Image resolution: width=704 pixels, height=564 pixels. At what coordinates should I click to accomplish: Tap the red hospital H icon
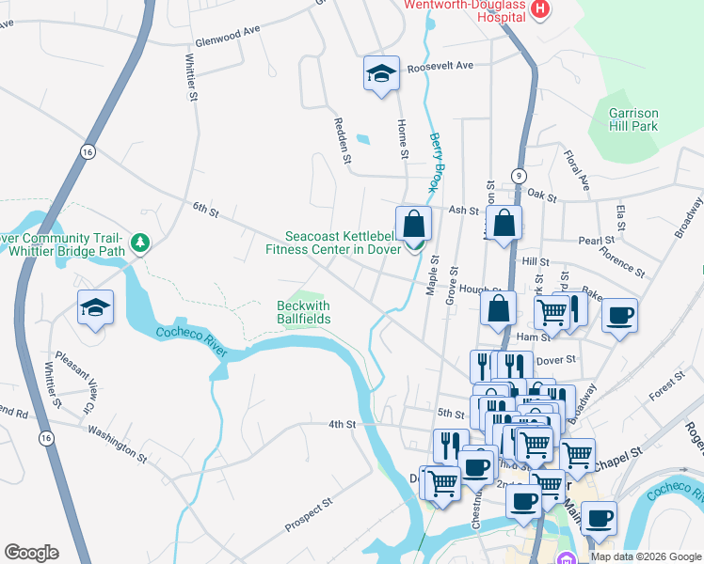click(x=540, y=9)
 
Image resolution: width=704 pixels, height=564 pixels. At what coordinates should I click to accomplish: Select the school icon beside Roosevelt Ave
click(x=381, y=74)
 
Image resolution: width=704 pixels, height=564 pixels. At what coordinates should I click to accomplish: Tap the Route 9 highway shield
click(x=519, y=176)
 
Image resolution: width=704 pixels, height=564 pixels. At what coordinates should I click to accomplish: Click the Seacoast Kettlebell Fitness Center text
click(x=332, y=243)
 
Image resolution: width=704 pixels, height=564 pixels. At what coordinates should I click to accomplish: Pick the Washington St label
click(x=117, y=445)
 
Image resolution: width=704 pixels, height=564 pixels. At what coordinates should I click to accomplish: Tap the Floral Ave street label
click(x=575, y=170)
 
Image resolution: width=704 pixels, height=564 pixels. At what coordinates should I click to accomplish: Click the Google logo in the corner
click(x=31, y=553)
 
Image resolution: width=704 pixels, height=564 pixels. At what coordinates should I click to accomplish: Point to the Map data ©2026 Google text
click(x=645, y=556)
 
